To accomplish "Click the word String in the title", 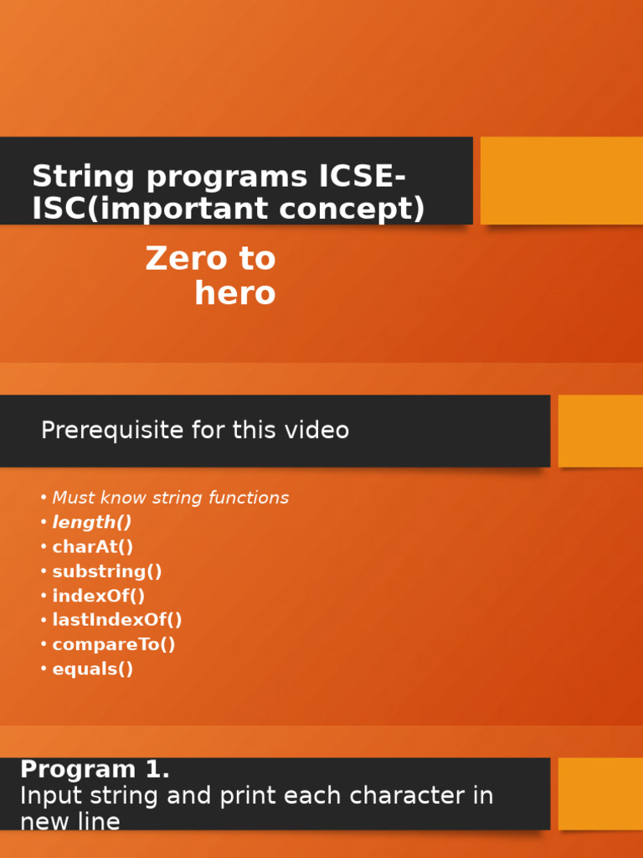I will [84, 178].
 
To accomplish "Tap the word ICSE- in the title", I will [363, 178].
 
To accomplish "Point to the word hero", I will [235, 293].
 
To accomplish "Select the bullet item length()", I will [92, 522].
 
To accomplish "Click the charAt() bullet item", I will [93, 547].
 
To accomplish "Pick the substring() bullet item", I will [107, 571].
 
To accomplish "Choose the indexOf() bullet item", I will [99, 596].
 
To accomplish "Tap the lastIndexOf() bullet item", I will [117, 620].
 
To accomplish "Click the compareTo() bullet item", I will [114, 644].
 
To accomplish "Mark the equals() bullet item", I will [93, 669].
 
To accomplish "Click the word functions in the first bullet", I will [249, 498].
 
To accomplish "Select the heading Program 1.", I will [95, 769].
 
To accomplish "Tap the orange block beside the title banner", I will [561, 180].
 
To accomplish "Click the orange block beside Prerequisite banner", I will [600, 431].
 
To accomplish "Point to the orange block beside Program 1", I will [600, 793].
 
